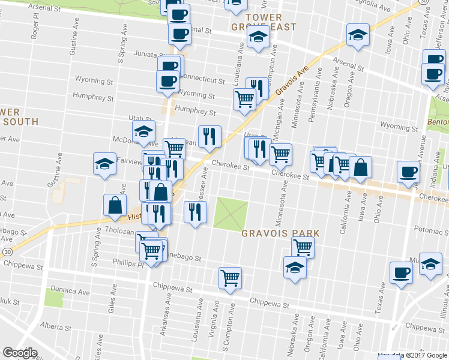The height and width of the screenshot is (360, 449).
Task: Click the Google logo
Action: point(20,353)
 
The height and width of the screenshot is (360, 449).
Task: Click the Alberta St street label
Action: point(55,328)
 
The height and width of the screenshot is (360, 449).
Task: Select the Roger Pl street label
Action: point(35,28)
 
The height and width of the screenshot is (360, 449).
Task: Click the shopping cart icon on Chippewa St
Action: point(230,277)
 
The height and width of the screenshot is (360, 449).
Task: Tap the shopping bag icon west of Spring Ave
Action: point(114,205)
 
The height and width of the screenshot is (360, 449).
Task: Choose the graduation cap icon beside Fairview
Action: point(104,163)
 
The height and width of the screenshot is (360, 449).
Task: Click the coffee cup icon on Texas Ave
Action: point(400,272)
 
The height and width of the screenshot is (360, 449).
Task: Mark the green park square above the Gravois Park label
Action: point(232,213)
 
